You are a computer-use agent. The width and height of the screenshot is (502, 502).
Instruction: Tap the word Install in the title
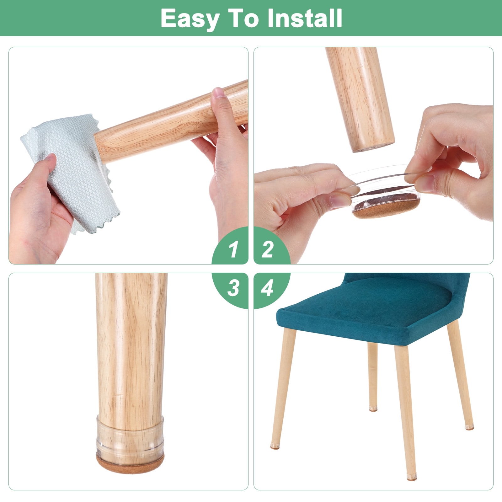[x=305, y=18]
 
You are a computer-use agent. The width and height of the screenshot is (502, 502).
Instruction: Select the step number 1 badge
[x=230, y=245]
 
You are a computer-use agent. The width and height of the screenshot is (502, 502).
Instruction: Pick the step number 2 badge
[x=272, y=245]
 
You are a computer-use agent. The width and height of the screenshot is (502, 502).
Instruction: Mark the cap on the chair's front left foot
[x=275, y=446]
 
